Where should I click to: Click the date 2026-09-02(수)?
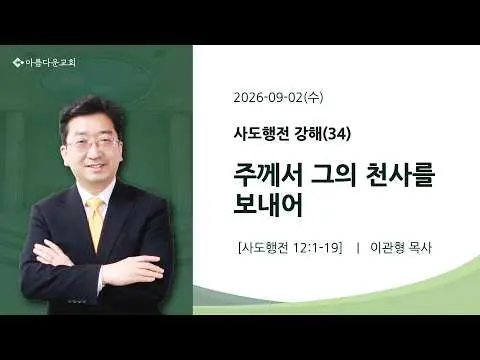coord(278,97)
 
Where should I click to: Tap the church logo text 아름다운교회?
coord(51,62)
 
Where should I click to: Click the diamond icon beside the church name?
coord(18,62)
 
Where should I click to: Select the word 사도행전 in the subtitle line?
coord(261,134)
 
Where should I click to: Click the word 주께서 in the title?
coord(268,176)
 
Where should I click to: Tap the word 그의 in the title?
coord(331,176)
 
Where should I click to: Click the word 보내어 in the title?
coord(268,204)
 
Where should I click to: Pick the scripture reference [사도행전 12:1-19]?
coord(290,248)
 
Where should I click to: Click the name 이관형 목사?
coord(401,248)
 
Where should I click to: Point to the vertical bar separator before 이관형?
coord(358,248)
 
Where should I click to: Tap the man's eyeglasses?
coord(94,144)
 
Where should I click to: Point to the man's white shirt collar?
coord(96,193)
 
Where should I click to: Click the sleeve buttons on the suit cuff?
coord(77,301)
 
